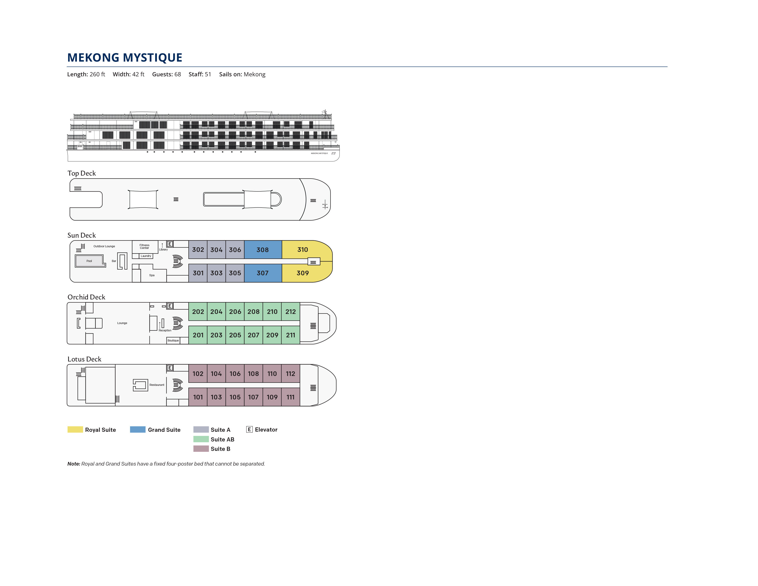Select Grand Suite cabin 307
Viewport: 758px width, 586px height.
(x=263, y=273)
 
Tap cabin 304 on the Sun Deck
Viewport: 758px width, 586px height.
(x=216, y=250)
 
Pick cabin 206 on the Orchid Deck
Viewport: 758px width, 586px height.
(x=235, y=311)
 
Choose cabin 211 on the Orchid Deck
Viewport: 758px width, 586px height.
(x=291, y=335)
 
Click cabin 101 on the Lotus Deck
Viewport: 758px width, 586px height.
(x=198, y=397)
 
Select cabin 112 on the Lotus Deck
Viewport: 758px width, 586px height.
(x=291, y=373)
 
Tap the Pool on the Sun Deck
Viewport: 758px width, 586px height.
(x=89, y=261)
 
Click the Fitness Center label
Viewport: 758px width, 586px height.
(x=144, y=247)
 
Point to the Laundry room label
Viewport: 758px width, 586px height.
(x=146, y=256)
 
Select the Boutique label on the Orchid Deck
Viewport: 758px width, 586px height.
(x=173, y=341)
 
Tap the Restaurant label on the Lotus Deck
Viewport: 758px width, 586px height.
(x=157, y=385)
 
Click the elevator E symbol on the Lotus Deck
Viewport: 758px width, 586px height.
(x=170, y=368)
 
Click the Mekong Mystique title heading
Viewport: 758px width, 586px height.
(x=124, y=57)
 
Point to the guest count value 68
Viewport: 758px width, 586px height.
(x=178, y=74)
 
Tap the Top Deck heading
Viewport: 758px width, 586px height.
(x=82, y=173)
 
